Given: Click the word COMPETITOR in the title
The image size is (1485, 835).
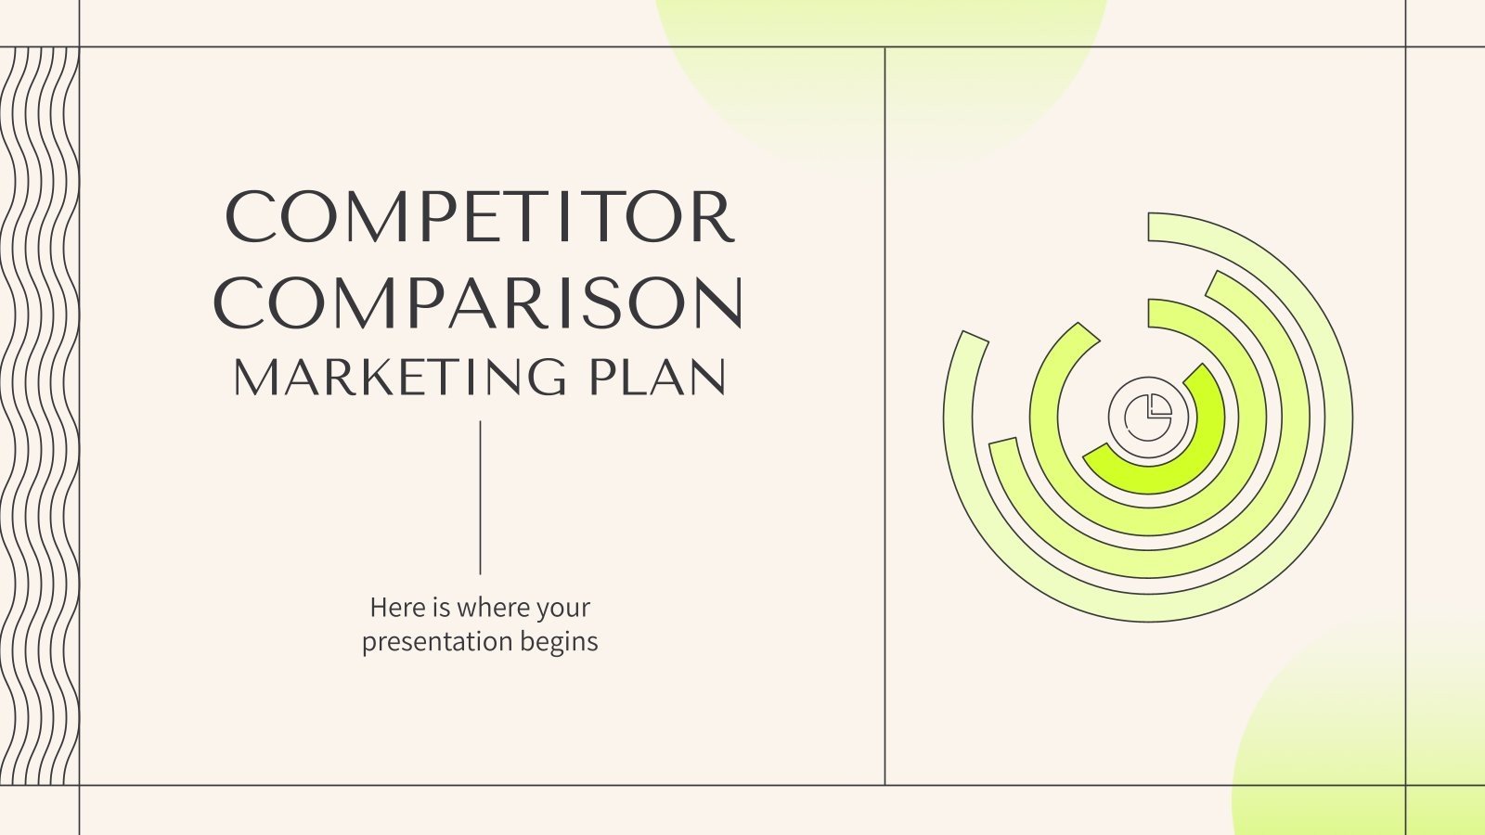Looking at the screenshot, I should point(480,217).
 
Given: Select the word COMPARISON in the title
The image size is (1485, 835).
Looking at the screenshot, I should point(479,302).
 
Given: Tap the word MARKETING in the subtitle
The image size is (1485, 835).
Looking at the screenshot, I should point(399,378).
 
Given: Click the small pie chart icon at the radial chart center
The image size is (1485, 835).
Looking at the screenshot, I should point(1148,417).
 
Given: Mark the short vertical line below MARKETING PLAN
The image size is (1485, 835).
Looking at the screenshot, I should point(480,497).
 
